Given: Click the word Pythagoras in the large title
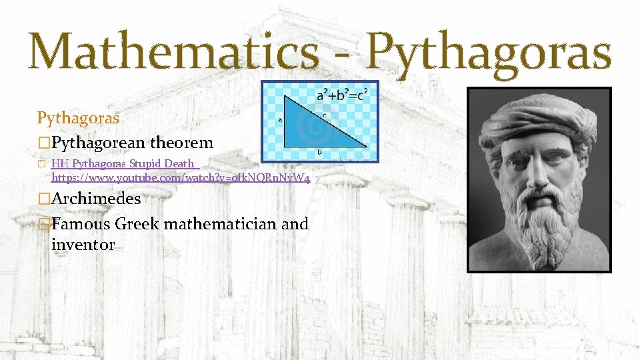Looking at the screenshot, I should [489, 53].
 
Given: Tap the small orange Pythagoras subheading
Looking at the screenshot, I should [78, 118].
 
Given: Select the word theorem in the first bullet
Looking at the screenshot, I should [181, 142].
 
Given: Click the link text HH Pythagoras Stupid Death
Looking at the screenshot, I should [123, 163].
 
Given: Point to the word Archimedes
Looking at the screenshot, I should [96, 198].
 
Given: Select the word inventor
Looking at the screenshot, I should [83, 245].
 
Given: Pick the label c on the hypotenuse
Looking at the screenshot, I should [325, 115].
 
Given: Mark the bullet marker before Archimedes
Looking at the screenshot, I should [44, 199].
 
